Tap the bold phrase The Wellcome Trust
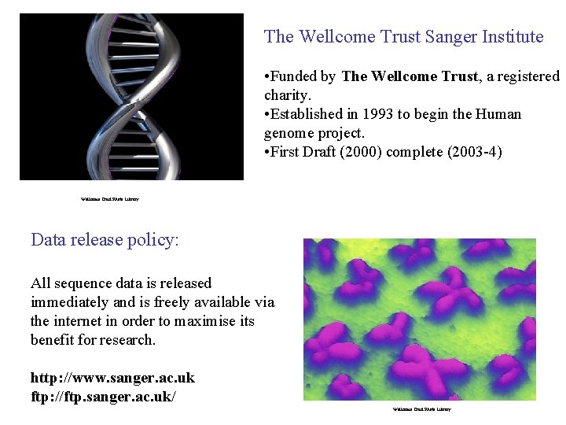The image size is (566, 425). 410,76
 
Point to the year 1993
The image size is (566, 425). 378,114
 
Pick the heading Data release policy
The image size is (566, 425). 105,239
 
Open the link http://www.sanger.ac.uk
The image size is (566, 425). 112,378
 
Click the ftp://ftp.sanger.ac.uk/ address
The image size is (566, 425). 103,396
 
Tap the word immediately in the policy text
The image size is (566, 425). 70,302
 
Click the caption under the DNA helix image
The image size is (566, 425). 110,199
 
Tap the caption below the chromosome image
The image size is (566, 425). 422,409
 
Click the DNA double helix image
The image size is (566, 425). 131,97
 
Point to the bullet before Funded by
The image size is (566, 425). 267,77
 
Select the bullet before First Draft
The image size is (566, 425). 267,153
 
